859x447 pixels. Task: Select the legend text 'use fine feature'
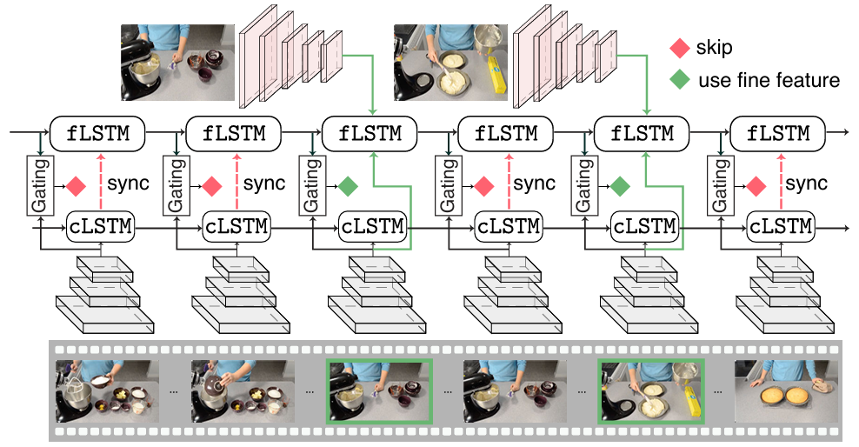pyautogui.click(x=769, y=80)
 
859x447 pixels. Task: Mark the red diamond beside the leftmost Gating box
pyautogui.click(x=76, y=185)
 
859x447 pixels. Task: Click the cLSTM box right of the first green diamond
pyautogui.click(x=372, y=227)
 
